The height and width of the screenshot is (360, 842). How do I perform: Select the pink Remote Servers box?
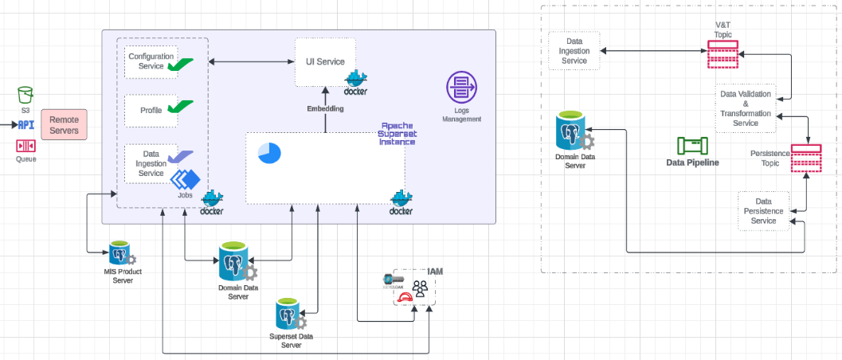click(64, 125)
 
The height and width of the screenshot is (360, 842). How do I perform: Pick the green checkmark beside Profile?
click(180, 108)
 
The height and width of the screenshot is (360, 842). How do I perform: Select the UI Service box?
click(325, 62)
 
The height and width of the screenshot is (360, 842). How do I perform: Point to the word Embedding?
click(325, 108)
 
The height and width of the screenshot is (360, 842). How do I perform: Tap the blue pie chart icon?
click(269, 153)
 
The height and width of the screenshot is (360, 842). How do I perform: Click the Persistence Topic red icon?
click(806, 158)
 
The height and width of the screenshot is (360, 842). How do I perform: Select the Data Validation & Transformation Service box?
click(745, 108)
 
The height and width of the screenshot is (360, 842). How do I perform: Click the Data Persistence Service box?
click(763, 211)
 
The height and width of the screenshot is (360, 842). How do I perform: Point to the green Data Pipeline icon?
click(691, 146)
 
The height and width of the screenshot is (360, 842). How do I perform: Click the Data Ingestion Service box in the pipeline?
click(574, 50)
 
